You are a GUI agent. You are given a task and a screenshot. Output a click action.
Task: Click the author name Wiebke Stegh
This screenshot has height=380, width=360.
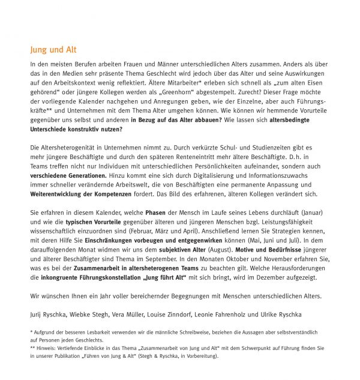tap(92, 314)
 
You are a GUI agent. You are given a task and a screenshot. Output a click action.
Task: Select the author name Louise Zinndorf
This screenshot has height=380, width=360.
tap(179, 314)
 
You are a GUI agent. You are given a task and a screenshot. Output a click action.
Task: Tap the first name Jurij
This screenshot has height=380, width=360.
tap(37, 314)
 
